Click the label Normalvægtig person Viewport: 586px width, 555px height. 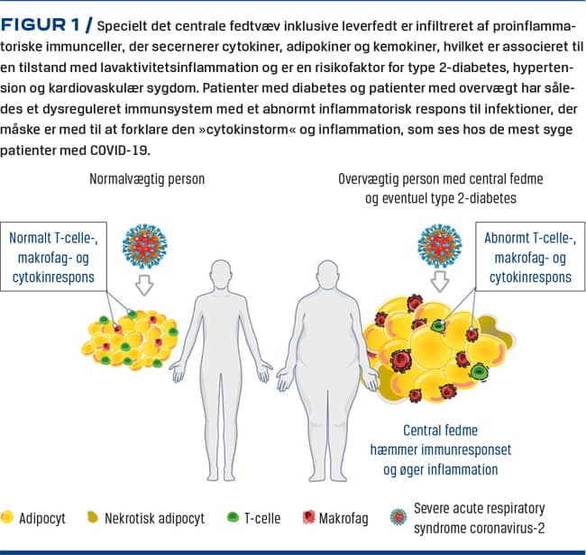tap(147, 178)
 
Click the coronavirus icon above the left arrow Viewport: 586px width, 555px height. tap(141, 246)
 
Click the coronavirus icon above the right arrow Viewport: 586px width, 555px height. tap(440, 246)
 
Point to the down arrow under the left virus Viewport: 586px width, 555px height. tap(141, 285)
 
